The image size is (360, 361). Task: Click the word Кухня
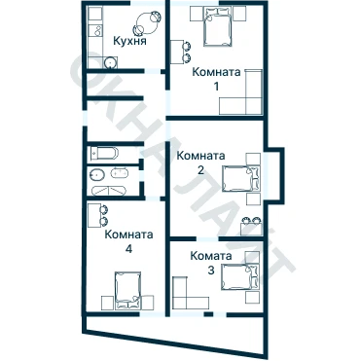point(129,41)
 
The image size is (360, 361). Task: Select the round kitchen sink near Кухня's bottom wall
point(111,62)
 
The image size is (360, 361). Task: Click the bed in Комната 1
point(218,27)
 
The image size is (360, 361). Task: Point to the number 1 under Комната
point(216,87)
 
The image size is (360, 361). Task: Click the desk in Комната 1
point(177,52)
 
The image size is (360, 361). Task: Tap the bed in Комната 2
point(240,178)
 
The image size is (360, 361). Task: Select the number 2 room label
point(200,170)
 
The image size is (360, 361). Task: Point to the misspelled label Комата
point(211,256)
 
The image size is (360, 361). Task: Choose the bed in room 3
point(240,276)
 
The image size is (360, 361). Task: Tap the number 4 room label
point(128,249)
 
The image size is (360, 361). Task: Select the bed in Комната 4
point(128,290)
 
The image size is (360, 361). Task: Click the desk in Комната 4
point(94,215)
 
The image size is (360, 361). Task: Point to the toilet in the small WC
point(104,153)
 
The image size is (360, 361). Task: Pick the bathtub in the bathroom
point(109,191)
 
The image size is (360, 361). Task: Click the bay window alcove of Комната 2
point(274,173)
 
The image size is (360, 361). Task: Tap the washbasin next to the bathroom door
point(120,172)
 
